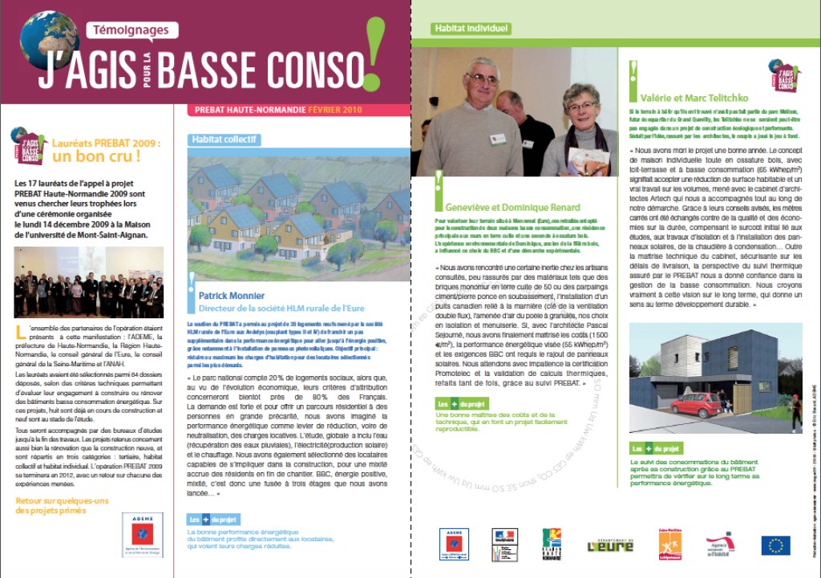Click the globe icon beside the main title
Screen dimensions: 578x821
click(x=49, y=40)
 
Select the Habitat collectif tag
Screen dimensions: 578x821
click(x=224, y=139)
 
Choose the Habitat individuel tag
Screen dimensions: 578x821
click(x=471, y=29)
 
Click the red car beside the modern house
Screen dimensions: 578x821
click(x=696, y=403)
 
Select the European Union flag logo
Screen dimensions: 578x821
click(x=775, y=545)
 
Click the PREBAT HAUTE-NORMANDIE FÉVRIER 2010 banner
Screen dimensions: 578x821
click(x=280, y=110)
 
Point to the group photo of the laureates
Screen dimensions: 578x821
click(x=88, y=282)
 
